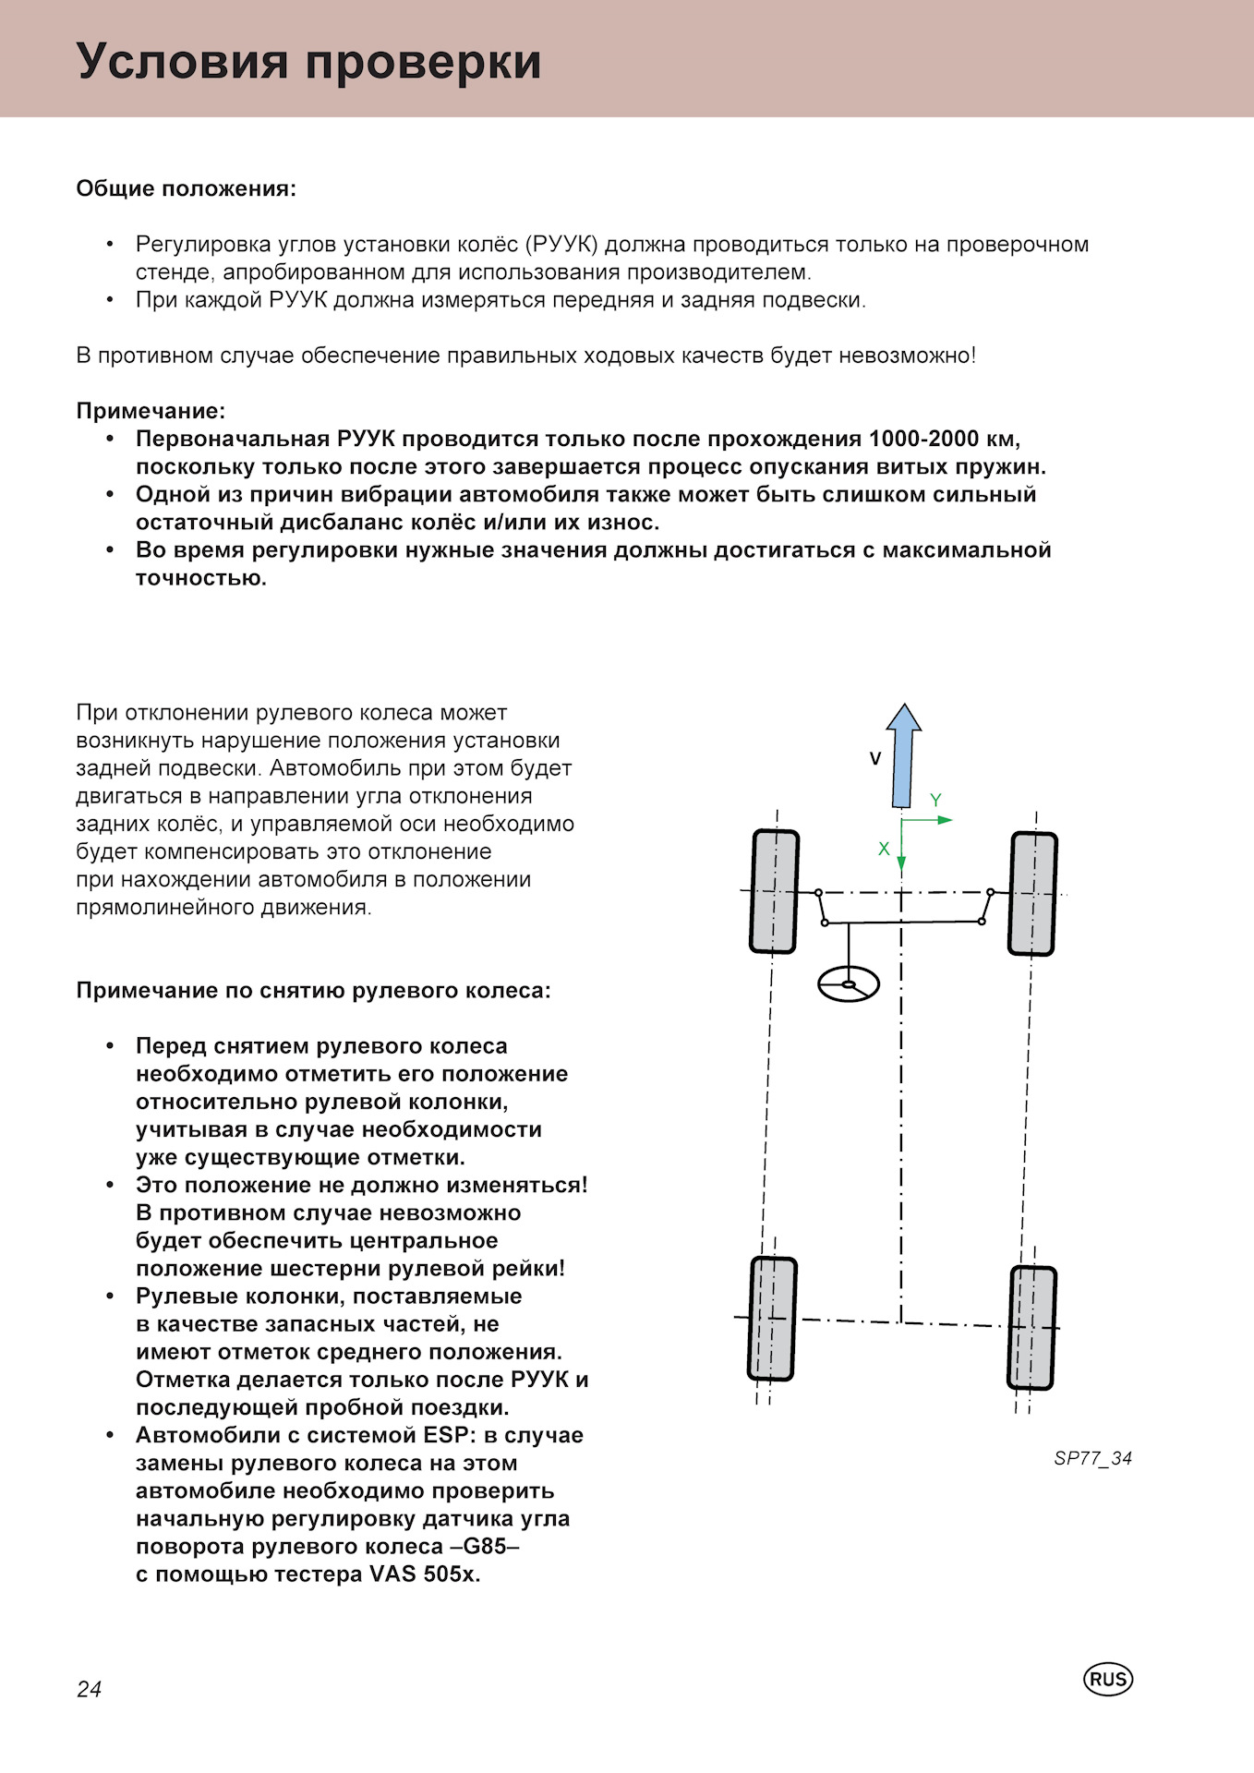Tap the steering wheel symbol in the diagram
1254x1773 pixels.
848,983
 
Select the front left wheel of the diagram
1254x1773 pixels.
774,891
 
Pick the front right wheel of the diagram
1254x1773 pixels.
1033,894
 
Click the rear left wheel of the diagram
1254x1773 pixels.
772,1319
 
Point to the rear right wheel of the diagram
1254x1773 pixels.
1031,1328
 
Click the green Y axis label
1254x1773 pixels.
935,801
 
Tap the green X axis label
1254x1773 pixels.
884,849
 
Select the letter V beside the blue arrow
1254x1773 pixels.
875,759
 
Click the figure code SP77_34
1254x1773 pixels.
1092,1458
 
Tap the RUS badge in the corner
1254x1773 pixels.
1107,1679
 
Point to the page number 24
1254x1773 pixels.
90,1689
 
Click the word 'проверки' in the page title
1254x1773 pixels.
424,63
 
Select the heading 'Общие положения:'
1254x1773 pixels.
187,189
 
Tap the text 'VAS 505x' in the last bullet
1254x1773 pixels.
425,1574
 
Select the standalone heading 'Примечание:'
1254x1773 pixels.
151,411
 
